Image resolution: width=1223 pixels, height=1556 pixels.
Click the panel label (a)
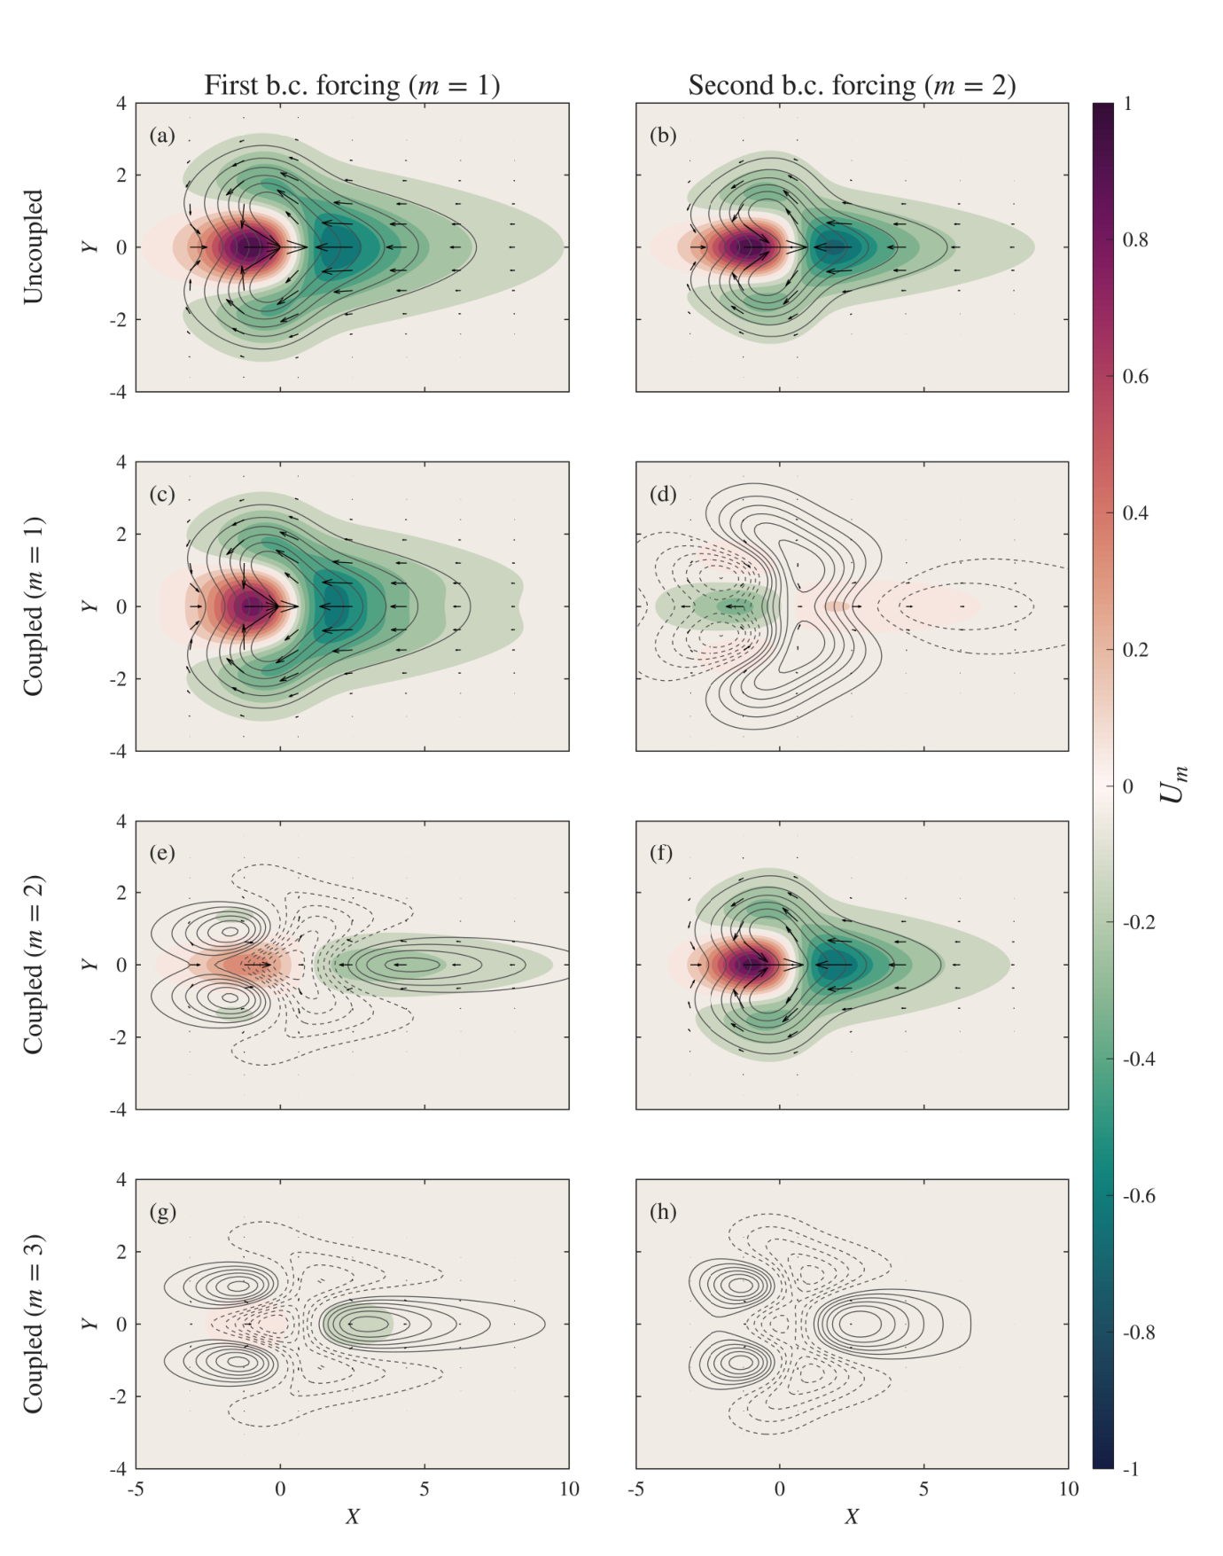[162, 136]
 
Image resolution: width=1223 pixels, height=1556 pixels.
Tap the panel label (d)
[663, 495]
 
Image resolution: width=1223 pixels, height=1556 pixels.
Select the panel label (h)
[663, 1212]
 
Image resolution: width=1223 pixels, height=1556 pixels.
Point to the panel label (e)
[162, 853]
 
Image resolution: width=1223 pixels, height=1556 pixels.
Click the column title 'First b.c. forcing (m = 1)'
[352, 85]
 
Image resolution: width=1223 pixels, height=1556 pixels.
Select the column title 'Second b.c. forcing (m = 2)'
[852, 85]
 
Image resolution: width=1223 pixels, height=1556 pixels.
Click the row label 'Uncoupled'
[33, 246]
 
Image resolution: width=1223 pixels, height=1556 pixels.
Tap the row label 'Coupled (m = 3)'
[33, 1324]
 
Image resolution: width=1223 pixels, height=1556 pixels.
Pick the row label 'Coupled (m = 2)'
[33, 965]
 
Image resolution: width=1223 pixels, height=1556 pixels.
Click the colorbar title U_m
[1173, 785]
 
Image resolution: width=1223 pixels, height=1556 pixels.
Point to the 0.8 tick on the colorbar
[1135, 240]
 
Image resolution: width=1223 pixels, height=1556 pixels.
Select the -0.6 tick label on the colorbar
[1139, 1196]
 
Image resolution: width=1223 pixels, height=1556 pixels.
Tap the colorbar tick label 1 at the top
[1127, 104]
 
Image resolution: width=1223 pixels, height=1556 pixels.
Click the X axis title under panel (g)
[352, 1516]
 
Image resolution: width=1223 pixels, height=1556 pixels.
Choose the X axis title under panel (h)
[852, 1516]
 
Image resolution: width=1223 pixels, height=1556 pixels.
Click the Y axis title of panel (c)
[90, 606]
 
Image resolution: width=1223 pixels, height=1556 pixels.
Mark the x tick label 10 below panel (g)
[569, 1490]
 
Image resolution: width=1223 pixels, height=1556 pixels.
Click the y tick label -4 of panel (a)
[118, 392]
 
